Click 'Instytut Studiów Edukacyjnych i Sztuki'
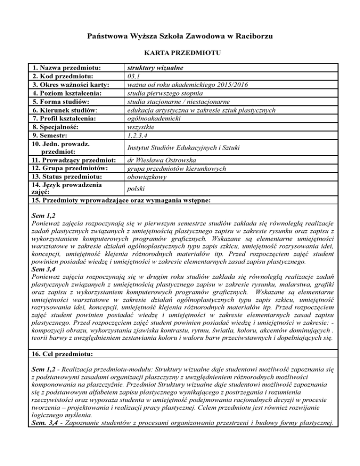pyautogui.click(x=184, y=148)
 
